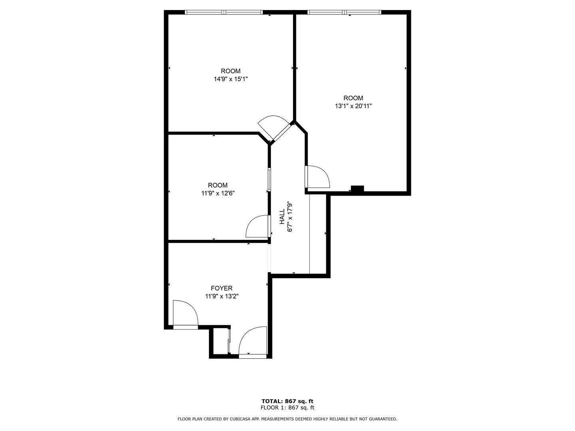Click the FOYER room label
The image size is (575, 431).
(222, 288)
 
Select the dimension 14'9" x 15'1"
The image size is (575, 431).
(231, 79)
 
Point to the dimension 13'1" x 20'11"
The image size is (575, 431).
(353, 106)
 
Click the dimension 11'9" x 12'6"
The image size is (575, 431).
(218, 193)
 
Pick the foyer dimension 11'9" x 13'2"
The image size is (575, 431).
(222, 296)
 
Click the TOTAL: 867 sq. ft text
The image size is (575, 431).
(287, 401)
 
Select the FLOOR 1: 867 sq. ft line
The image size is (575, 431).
(287, 407)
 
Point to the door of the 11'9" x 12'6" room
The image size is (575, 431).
(258, 227)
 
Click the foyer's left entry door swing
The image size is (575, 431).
(185, 313)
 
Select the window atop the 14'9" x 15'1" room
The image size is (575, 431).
(224, 12)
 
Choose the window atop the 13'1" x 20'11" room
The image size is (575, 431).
(344, 12)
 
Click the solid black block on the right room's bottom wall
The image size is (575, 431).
(357, 189)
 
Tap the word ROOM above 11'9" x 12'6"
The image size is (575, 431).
(218, 185)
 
